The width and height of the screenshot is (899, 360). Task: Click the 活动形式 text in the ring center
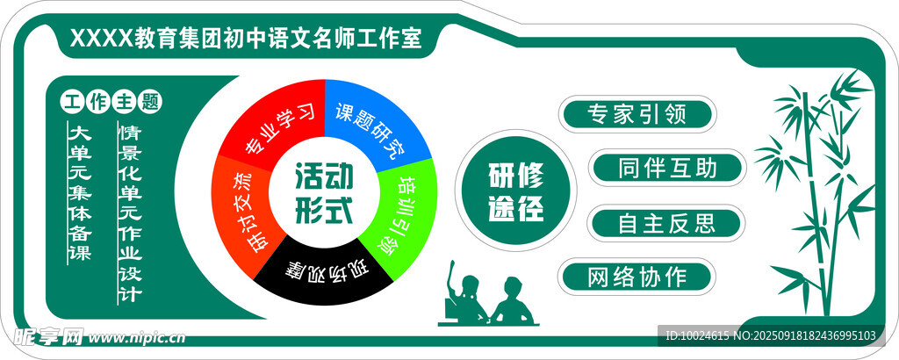click(x=324, y=193)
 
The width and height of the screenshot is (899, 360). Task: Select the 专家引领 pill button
click(x=637, y=114)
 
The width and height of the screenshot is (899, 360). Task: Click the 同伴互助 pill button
click(x=668, y=168)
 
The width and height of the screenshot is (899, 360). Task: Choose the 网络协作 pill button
click(x=637, y=277)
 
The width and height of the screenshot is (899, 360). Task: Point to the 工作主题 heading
click(x=111, y=103)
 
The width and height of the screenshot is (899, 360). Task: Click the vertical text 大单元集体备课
click(x=80, y=192)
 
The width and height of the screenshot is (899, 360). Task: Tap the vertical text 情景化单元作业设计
click(x=130, y=213)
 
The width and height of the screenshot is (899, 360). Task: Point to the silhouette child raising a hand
click(x=464, y=292)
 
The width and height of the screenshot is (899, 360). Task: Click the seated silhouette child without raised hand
click(x=512, y=300)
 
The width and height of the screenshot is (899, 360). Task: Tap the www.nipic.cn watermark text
click(x=137, y=338)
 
